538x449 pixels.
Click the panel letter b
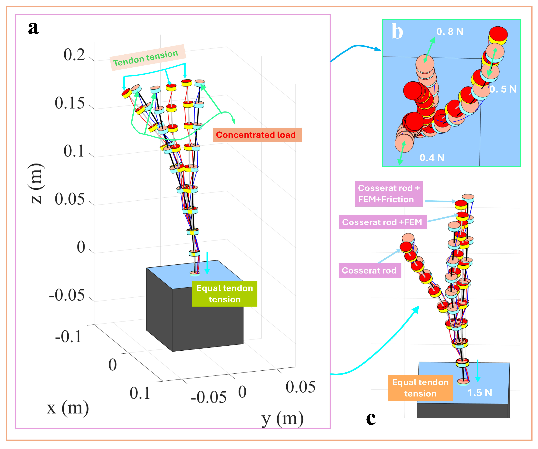397,32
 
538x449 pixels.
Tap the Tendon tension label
145,58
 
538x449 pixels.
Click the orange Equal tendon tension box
420,388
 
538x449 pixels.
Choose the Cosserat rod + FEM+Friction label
389,194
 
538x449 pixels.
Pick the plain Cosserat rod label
370,270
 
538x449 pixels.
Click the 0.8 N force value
450,32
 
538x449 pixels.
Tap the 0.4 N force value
432,158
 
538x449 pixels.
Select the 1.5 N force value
480,393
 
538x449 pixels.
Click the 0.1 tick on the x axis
140,393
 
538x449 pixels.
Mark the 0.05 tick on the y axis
300,387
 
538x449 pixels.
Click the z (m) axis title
36,183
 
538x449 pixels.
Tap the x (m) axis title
68,408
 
